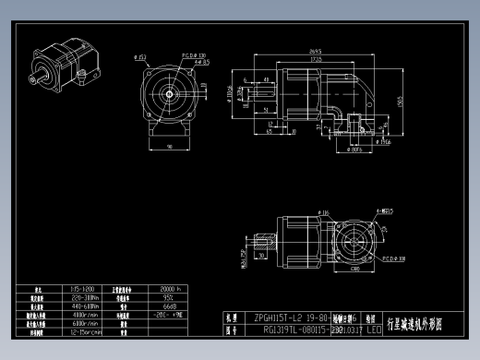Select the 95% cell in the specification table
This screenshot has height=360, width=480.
tap(168, 298)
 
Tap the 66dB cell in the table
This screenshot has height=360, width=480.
tap(169, 306)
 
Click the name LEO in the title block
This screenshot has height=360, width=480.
tap(374, 328)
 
